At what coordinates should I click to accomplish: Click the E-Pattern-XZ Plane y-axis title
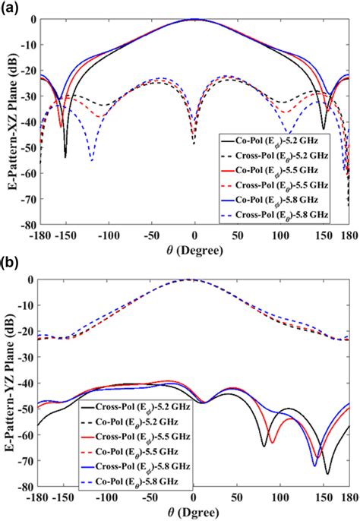(x=8, y=122)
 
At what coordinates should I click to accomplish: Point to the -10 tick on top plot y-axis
(x=27, y=45)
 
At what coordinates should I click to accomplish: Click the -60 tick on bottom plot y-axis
(x=27, y=434)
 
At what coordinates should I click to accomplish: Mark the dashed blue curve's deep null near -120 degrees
(x=91, y=159)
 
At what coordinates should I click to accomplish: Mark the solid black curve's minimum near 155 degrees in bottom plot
(x=327, y=473)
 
